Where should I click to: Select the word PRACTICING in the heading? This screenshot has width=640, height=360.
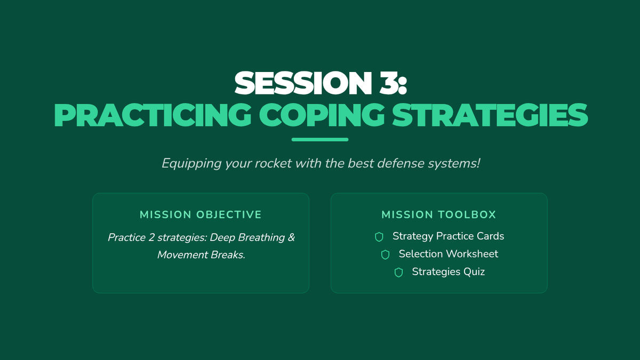point(153,115)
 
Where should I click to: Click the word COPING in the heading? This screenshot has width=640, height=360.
point(322,115)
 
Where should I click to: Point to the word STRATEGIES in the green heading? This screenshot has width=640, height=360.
point(490,115)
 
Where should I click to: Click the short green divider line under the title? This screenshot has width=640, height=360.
point(320,139)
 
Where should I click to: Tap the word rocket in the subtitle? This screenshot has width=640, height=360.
point(273,163)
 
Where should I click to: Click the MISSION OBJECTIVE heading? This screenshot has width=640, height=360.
point(201,214)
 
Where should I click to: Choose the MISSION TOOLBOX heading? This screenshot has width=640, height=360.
point(439,214)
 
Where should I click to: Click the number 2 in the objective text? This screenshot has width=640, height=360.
point(151,238)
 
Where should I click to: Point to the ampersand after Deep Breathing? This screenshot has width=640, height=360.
point(291,237)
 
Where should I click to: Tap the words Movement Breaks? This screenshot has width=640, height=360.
point(201,254)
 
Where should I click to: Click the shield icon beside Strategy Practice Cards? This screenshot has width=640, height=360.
point(379,237)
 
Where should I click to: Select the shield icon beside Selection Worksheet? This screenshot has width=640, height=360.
point(385,254)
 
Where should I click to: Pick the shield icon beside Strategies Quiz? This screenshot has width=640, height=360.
point(398,273)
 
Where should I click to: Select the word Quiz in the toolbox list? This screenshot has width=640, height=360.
point(474,271)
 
